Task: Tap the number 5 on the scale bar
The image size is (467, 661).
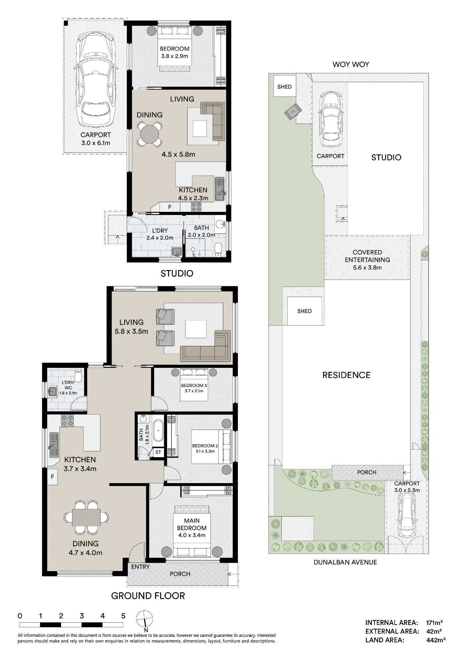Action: tap(123, 616)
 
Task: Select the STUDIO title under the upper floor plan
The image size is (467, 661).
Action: tap(177, 273)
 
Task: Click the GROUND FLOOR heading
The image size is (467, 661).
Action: tap(148, 596)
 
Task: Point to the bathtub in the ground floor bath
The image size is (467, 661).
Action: tap(158, 431)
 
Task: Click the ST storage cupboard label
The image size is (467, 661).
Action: tap(158, 452)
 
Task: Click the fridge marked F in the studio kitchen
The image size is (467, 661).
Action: tap(170, 207)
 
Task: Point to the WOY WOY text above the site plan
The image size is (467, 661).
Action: tap(351, 64)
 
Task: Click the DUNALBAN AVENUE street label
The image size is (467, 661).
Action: tap(345, 562)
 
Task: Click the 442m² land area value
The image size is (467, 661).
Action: tap(436, 640)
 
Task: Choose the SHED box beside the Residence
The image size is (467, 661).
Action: tap(305, 311)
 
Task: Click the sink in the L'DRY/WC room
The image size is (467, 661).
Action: tap(52, 392)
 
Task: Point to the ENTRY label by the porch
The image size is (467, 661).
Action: tap(140, 567)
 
